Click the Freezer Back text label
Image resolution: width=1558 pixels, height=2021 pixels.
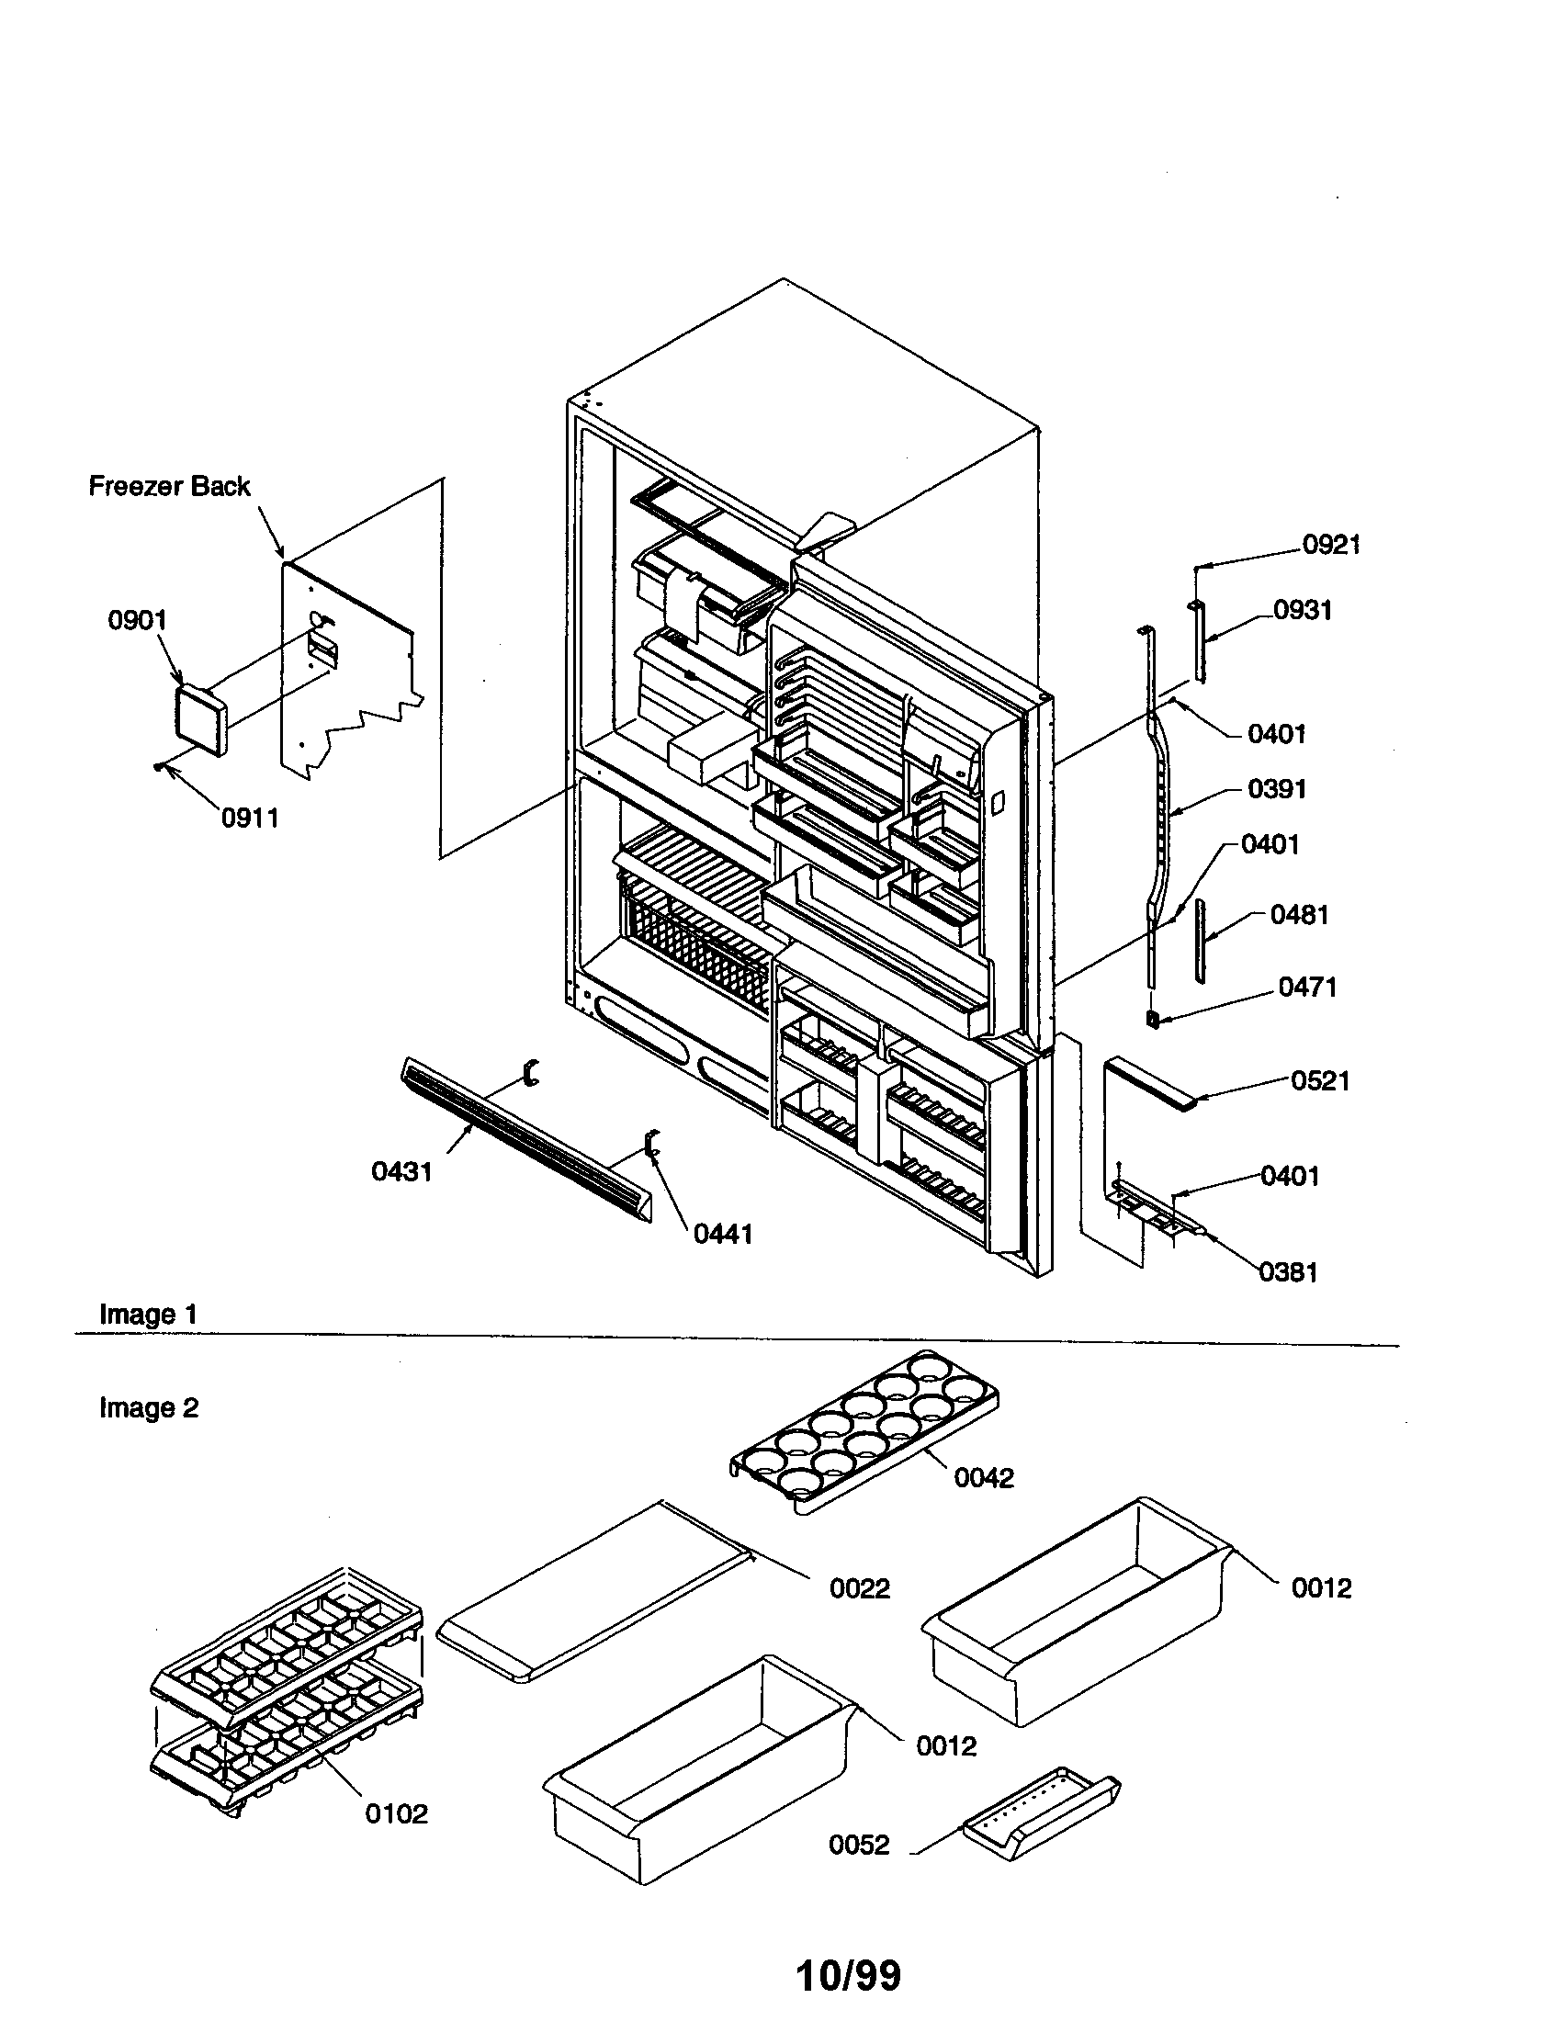[168, 486]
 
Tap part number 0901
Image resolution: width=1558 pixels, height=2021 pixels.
[137, 620]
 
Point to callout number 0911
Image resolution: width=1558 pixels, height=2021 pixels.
[249, 818]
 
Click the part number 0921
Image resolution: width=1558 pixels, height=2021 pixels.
[1331, 545]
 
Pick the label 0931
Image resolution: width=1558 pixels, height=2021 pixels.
[1303, 610]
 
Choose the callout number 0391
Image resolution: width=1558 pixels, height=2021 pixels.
[1277, 789]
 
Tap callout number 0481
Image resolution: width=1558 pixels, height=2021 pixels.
[1299, 915]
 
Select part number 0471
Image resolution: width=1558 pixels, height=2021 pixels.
[1307, 988]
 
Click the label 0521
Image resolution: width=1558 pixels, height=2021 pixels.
[1320, 1081]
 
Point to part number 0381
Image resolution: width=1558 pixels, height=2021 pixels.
[1288, 1272]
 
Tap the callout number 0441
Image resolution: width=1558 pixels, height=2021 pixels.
[723, 1234]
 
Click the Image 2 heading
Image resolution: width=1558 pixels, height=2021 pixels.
[148, 1407]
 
